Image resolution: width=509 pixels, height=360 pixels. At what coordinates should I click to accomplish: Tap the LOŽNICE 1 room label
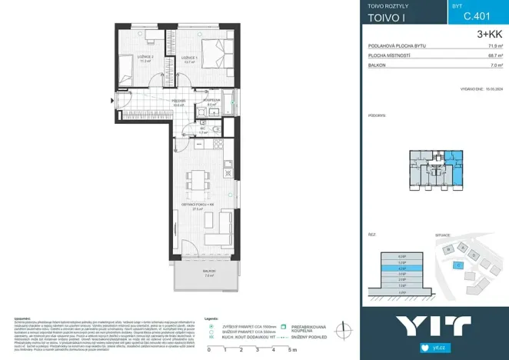[x=190, y=58]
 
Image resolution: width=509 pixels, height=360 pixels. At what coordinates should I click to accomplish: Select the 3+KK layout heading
[x=489, y=34]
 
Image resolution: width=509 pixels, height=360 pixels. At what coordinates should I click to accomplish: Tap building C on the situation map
[x=457, y=265]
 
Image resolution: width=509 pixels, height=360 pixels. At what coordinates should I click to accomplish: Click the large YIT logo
[x=434, y=326]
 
